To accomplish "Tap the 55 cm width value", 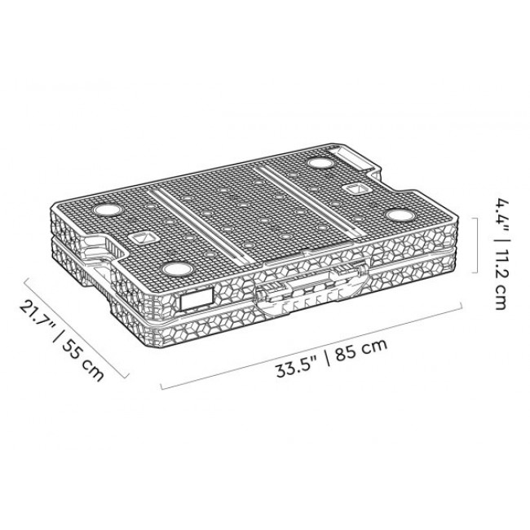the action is click(83, 360).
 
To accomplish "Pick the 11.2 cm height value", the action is click(501, 280).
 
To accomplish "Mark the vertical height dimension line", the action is click(477, 245).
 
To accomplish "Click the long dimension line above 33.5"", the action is click(311, 346).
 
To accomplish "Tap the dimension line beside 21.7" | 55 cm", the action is click(77, 327).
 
